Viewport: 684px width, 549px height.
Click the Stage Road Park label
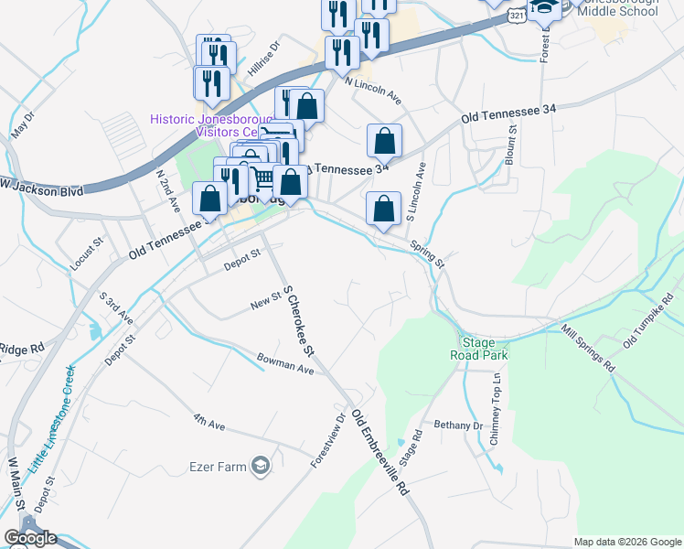click(478, 349)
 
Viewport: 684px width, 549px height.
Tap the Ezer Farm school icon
click(260, 467)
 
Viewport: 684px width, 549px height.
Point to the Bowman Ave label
click(285, 363)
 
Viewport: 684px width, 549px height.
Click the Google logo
click(30, 537)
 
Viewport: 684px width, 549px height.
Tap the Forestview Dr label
click(328, 440)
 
